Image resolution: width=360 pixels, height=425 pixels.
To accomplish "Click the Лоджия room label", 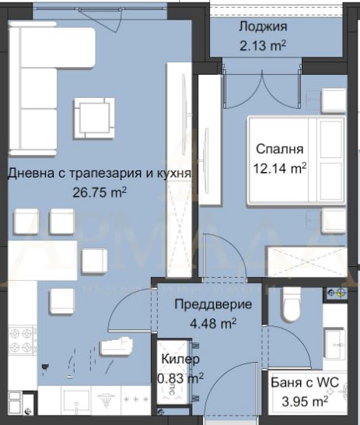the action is (263, 27).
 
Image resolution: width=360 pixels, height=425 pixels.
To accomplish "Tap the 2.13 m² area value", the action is (263, 45).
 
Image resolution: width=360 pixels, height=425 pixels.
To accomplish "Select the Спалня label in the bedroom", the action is (280, 149).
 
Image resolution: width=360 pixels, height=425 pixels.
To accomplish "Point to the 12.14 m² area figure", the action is (280, 168).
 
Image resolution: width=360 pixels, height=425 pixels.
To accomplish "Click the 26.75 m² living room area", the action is (100, 192).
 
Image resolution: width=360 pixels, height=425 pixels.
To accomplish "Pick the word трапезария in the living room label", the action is (107, 174).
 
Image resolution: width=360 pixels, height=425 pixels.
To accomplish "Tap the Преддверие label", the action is (213, 304).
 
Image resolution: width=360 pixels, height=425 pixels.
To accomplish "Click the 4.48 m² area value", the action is (213, 323).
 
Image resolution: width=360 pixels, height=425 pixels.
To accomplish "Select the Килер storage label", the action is (180, 359).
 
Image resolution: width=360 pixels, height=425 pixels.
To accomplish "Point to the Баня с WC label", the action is (305, 382).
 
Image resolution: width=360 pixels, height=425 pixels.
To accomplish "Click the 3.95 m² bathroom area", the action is (305, 401).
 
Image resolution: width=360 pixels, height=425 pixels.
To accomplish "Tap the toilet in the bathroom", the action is (291, 304).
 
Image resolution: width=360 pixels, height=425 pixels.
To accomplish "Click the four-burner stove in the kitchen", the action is (21, 340).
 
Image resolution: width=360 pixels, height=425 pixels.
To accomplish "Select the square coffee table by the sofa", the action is (94, 118).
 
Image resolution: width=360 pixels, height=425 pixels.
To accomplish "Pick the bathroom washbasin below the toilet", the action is (334, 344).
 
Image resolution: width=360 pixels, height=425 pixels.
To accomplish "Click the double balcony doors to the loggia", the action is (262, 86).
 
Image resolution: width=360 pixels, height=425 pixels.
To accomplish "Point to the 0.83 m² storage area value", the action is (180, 378).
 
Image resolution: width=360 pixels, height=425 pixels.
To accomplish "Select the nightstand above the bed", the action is (334, 100).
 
